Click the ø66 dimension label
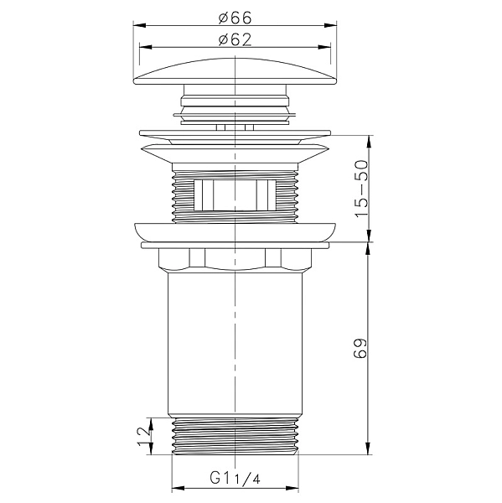click(235, 18)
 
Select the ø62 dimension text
click(235, 39)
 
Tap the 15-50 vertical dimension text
click(361, 189)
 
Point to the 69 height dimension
click(360, 348)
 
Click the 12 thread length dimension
click(143, 436)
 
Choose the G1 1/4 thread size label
click(235, 479)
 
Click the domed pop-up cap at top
click(235, 71)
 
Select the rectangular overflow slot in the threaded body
click(235, 195)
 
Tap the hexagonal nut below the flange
click(235, 258)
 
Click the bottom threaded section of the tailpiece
click(235, 436)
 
